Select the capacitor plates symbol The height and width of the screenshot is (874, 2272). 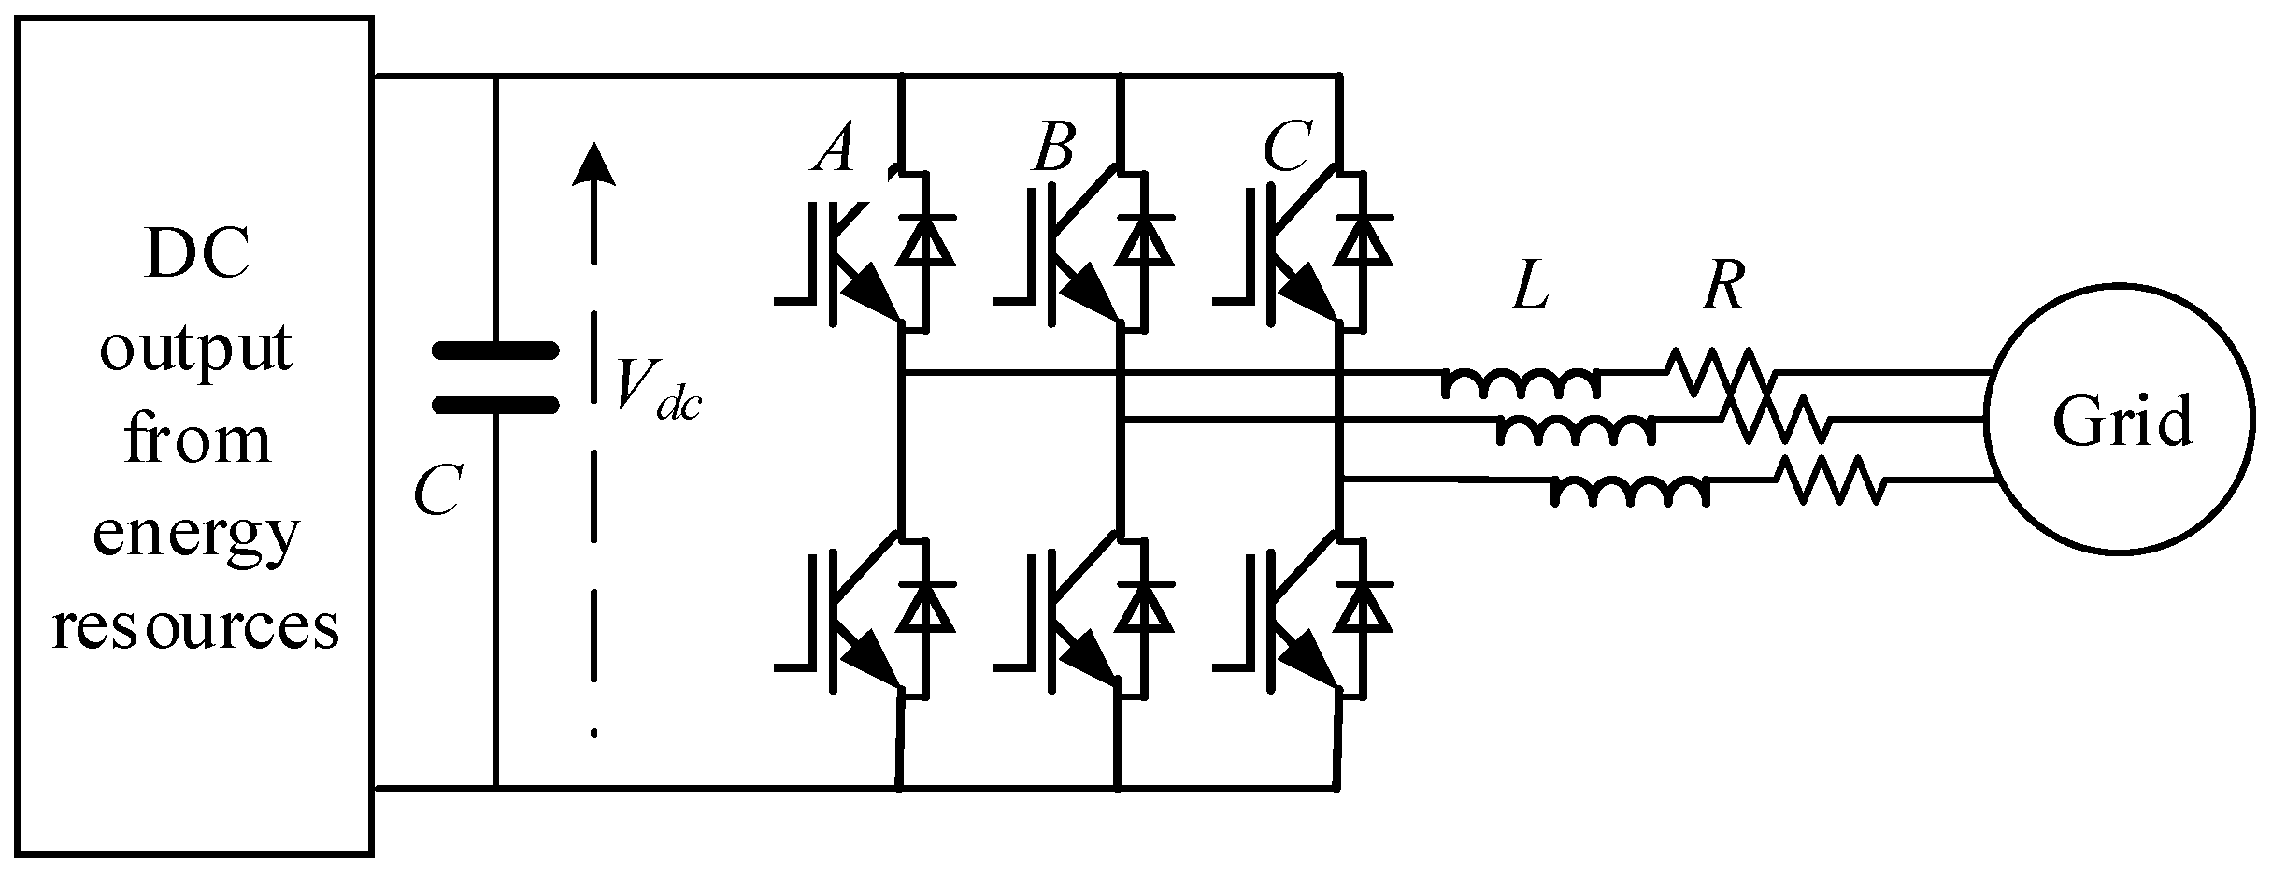click(494, 379)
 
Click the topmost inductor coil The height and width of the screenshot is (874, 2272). click(1521, 382)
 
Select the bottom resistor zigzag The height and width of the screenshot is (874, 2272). click(1830, 479)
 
